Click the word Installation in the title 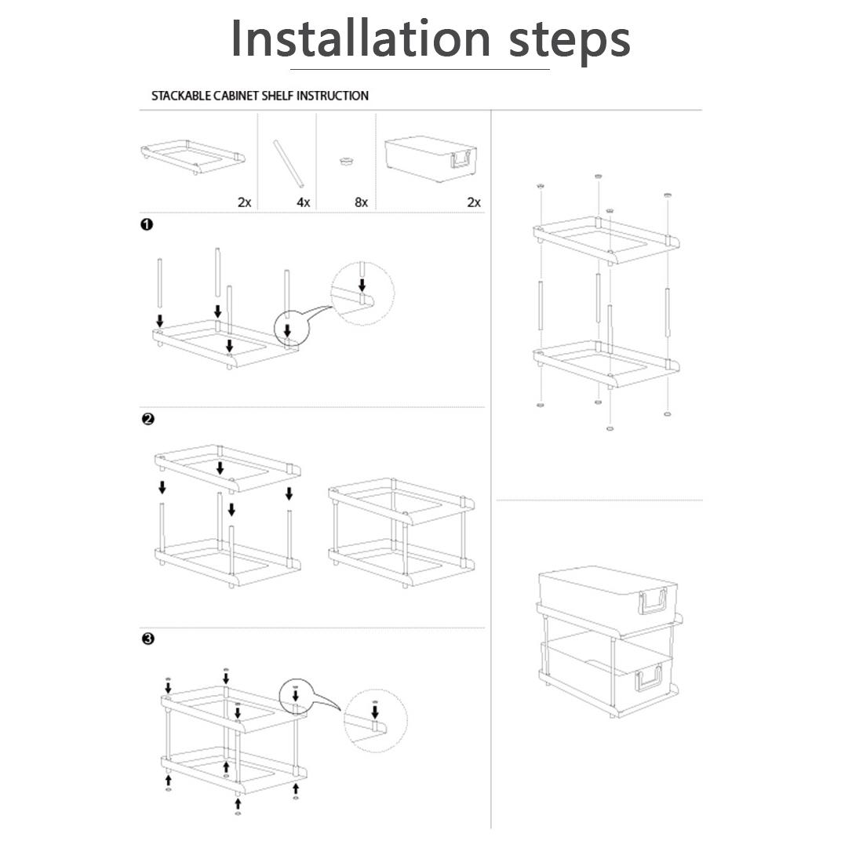pyautogui.click(x=360, y=38)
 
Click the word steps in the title pyautogui.click(x=569, y=41)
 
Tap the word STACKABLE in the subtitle pyautogui.click(x=180, y=96)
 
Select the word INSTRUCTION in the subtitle pyautogui.click(x=333, y=96)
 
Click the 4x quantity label pyautogui.click(x=304, y=202)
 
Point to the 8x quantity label pyautogui.click(x=361, y=202)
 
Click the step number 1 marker pyautogui.click(x=147, y=224)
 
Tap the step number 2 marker pyautogui.click(x=148, y=419)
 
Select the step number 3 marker pyautogui.click(x=148, y=639)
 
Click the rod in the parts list pyautogui.click(x=289, y=164)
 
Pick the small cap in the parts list pyautogui.click(x=347, y=160)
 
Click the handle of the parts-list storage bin pyautogui.click(x=462, y=159)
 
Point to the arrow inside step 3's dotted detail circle pyautogui.click(x=375, y=712)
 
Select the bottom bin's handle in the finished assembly pyautogui.click(x=650, y=679)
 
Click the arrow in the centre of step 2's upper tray pyautogui.click(x=220, y=468)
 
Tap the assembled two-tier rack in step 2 pyautogui.click(x=402, y=533)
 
